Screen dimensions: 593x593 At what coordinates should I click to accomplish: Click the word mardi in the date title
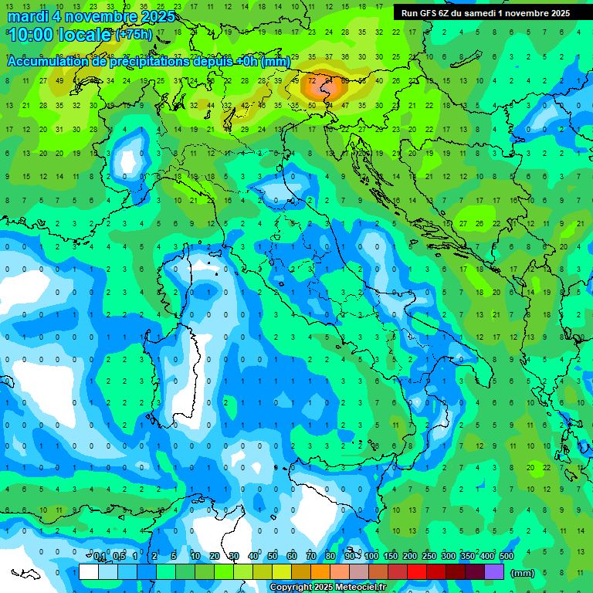pos(27,17)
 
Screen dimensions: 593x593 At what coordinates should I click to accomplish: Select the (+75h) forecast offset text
pos(134,36)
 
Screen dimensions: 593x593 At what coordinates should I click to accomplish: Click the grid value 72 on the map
pos(312,80)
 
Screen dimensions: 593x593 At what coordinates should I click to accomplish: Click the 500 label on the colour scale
pos(507,556)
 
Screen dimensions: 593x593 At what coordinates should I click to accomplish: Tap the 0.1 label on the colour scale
pos(100,556)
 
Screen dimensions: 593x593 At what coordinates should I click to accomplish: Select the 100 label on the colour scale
pos(371,556)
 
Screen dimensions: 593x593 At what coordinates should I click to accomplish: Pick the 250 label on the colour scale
pos(429,556)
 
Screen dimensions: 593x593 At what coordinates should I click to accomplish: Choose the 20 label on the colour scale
pos(214,556)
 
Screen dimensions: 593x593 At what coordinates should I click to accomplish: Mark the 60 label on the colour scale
pos(292,556)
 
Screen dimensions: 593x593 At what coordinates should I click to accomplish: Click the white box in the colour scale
pos(89,572)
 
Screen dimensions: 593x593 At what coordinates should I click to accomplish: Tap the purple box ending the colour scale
pos(494,572)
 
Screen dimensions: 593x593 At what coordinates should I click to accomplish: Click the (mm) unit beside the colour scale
pos(523,573)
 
